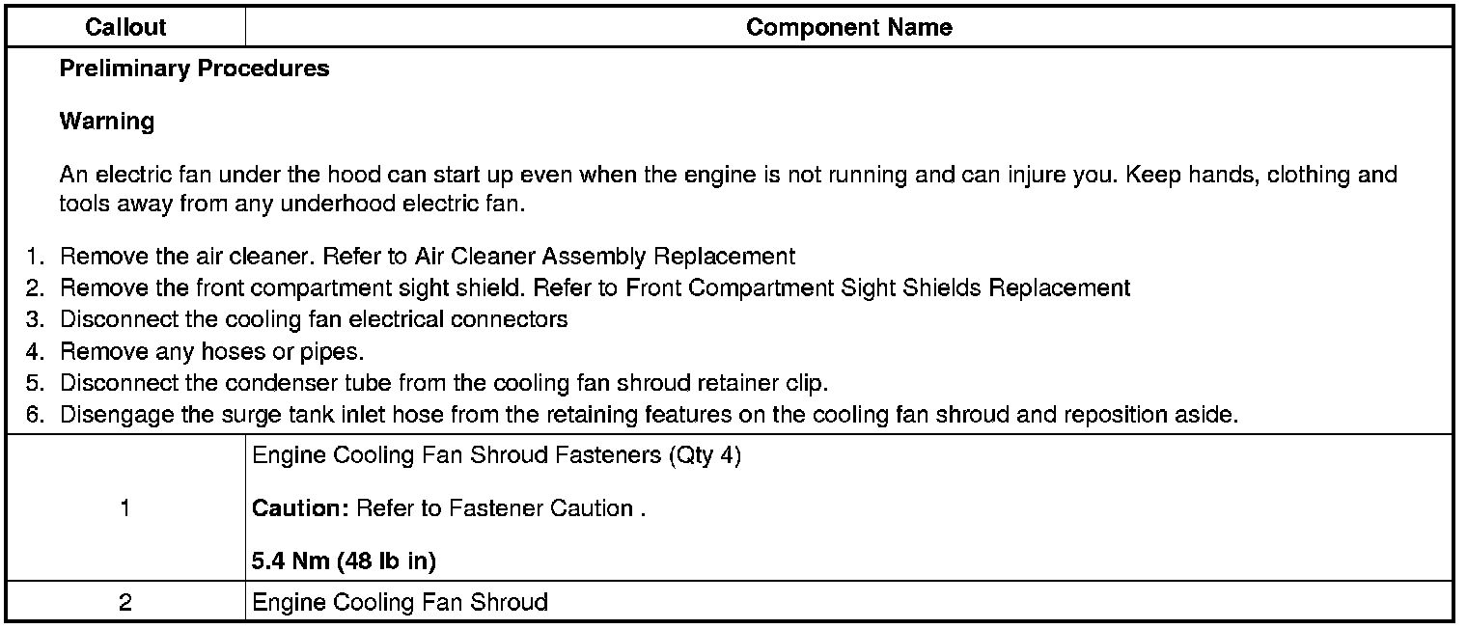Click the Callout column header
tap(125, 28)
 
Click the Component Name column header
tap(848, 28)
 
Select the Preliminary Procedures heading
tap(194, 69)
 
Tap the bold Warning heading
tap(106, 122)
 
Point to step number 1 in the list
tap(35, 257)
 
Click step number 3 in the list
tap(35, 319)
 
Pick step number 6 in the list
tap(35, 415)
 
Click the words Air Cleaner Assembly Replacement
tap(605, 257)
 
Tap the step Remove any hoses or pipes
tap(211, 352)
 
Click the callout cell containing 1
tap(125, 509)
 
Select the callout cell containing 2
tap(125, 603)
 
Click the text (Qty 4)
tap(705, 456)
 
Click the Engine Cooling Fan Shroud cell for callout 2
tap(400, 603)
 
